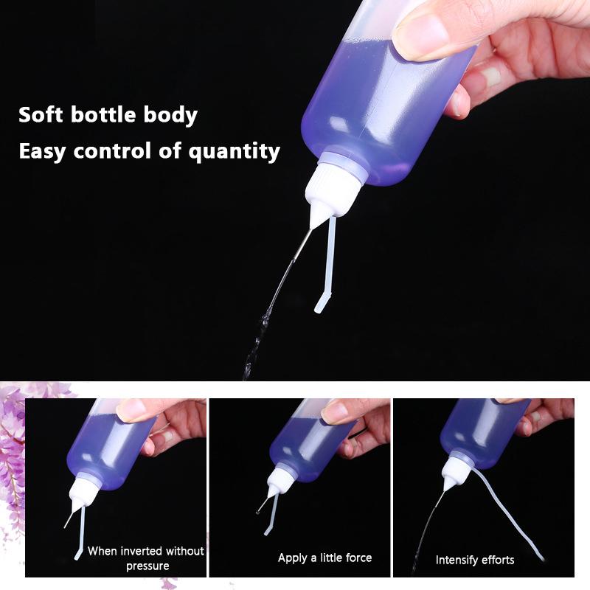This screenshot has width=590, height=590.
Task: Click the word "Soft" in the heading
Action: [42, 115]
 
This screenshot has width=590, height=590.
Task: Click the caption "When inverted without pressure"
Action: [146, 558]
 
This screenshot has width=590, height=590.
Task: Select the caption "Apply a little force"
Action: [324, 558]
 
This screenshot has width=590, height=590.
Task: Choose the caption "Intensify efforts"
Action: [475, 560]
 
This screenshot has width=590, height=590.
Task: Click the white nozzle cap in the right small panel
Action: [451, 472]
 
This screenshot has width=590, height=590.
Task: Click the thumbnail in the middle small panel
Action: [336, 410]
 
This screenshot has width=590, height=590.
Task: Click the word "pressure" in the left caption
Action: [147, 566]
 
